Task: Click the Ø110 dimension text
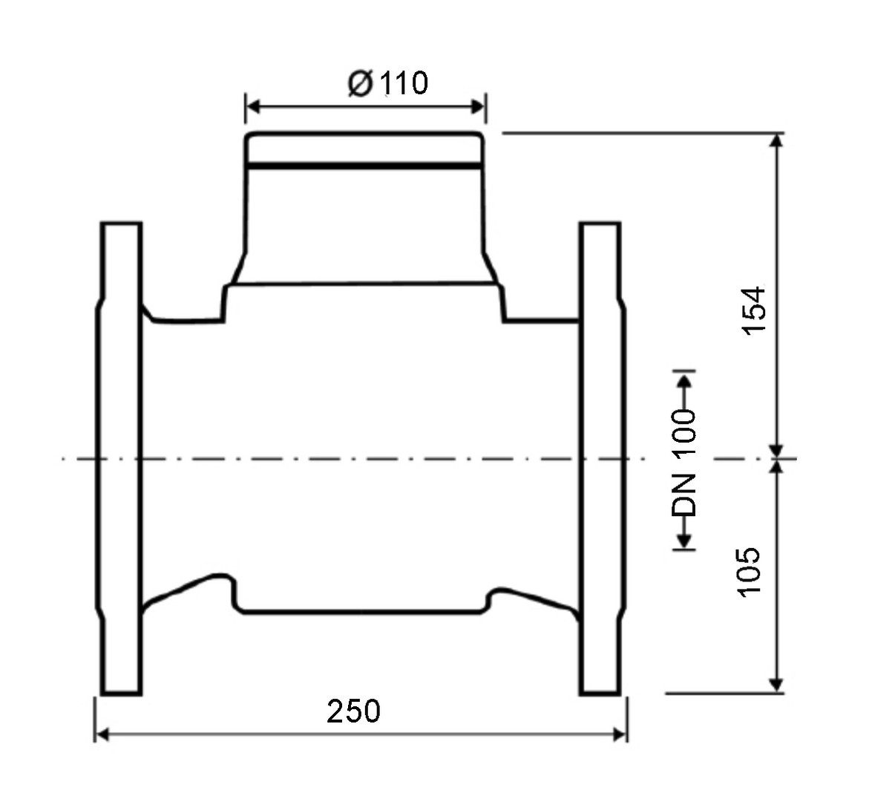click(x=388, y=83)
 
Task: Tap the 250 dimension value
click(x=353, y=711)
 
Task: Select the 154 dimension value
click(x=754, y=310)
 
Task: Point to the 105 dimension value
click(x=750, y=573)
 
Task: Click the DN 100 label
click(x=684, y=463)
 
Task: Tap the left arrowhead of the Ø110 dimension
click(x=253, y=106)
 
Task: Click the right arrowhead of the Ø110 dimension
click(x=478, y=106)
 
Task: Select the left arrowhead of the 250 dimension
click(x=102, y=735)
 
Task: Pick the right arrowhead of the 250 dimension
click(x=618, y=735)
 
